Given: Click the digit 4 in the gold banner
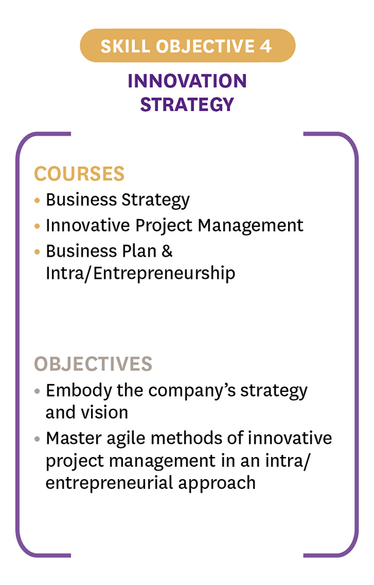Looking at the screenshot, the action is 265,46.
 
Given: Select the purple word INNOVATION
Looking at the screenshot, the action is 187,81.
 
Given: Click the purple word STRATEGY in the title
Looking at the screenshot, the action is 187,104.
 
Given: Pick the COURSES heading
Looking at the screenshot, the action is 79,174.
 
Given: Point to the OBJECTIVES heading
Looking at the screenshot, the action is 93,364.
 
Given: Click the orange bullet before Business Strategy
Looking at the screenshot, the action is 37,200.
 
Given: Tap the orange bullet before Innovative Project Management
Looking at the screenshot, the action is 37,226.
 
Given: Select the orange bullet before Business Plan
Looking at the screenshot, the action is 37,252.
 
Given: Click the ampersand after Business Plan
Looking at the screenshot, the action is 167,251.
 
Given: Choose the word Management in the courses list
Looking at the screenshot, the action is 250,226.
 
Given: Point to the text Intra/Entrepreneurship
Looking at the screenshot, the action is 140,274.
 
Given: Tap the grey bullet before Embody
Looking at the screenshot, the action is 37,391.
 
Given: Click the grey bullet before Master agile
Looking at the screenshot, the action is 37,439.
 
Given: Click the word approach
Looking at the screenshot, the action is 217,483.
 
